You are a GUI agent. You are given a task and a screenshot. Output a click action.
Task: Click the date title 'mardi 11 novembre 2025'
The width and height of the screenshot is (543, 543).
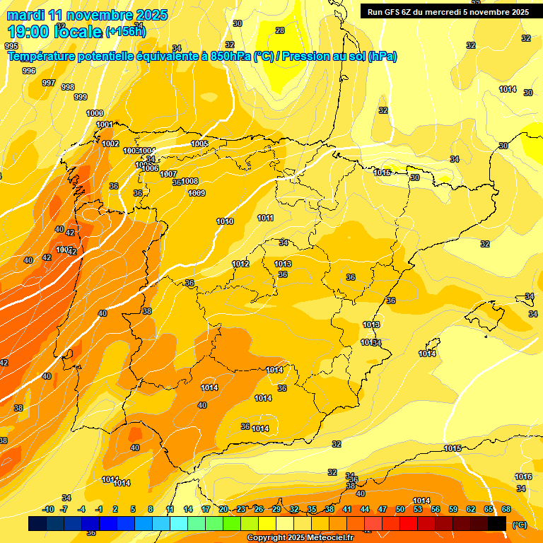point(88,14)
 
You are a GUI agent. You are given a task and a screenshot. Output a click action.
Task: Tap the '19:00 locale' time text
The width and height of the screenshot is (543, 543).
point(55,31)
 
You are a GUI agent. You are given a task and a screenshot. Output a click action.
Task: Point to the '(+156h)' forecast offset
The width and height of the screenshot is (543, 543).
point(126,32)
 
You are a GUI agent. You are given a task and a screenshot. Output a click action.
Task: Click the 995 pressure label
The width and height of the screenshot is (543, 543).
point(11,65)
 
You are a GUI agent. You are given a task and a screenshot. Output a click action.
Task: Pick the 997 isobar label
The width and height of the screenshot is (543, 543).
point(49,83)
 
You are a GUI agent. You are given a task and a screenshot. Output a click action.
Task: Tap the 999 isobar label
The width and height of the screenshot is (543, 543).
point(81,97)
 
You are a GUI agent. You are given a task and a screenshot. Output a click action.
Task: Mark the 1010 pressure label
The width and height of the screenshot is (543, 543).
point(225,221)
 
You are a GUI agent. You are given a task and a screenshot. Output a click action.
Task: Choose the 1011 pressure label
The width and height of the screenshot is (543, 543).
point(266,218)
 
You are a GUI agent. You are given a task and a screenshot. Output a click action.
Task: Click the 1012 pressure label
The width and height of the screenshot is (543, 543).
point(240,264)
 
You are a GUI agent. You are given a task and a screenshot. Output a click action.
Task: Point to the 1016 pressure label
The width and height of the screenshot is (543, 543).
point(523,477)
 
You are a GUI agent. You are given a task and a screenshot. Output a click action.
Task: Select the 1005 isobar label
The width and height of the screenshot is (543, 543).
point(199,144)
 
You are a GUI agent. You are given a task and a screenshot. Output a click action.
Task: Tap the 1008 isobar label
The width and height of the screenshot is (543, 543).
point(189,181)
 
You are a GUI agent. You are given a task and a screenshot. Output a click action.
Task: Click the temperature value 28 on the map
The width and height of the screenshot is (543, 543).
point(280,30)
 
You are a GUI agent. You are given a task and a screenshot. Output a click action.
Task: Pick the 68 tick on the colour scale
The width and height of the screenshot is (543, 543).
point(506,509)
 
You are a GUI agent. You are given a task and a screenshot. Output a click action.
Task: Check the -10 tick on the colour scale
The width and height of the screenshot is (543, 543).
point(48,509)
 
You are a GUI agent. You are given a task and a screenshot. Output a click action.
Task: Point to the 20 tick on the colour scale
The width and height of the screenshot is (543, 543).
point(223,509)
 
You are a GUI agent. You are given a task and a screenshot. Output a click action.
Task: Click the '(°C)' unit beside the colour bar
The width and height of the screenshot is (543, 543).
point(520,525)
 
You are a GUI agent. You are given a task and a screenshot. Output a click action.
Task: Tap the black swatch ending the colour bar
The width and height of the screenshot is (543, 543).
point(497,523)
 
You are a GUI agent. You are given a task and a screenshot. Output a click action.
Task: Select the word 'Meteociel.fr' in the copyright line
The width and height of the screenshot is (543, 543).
point(326,538)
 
